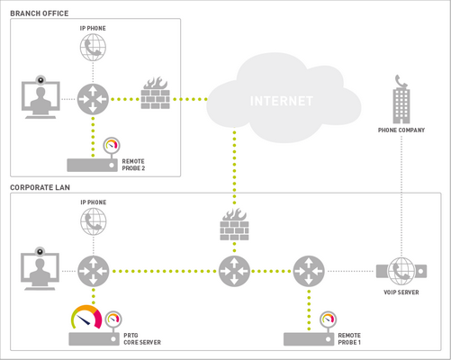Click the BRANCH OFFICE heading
[39, 13]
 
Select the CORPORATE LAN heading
[41, 187]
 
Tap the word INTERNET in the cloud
[283, 101]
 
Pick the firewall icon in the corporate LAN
[234, 225]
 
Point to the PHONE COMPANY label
[401, 130]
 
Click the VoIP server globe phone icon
[401, 269]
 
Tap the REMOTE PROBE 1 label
[349, 338]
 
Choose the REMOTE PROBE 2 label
[133, 165]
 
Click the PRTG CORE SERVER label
[140, 338]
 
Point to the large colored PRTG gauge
[86, 318]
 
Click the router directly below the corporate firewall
[234, 269]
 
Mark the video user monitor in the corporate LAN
[40, 269]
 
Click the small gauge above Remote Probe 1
[328, 319]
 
